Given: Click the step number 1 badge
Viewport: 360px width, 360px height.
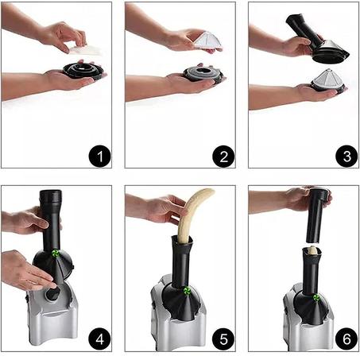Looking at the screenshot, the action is pos(99,156).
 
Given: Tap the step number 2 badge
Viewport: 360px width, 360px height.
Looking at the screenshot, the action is pos(223,156).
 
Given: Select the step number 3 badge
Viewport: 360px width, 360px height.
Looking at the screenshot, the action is pos(346,156).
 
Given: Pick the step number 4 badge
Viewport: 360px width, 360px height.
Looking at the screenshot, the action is pos(99,339).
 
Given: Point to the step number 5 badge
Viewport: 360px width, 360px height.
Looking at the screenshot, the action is pos(223,339).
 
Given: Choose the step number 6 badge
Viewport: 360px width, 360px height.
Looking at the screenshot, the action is pos(346,339).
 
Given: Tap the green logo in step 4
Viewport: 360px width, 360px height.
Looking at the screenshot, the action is pos(56,254).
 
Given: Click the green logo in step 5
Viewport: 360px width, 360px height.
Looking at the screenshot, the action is pos(187,291).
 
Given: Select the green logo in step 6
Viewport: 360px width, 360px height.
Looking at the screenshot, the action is pos(316,298).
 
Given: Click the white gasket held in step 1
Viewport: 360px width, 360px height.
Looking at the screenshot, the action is pos(85,50).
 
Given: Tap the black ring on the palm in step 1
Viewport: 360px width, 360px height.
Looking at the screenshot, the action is pos(83,71).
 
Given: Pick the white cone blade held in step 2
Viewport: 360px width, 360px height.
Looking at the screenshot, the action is pos(208,41).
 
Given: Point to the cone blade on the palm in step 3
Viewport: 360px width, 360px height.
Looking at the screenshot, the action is pos(328,79).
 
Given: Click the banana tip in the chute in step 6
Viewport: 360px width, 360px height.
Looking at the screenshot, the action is pos(313,250).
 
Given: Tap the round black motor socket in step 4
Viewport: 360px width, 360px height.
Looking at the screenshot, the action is pos(53,294).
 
